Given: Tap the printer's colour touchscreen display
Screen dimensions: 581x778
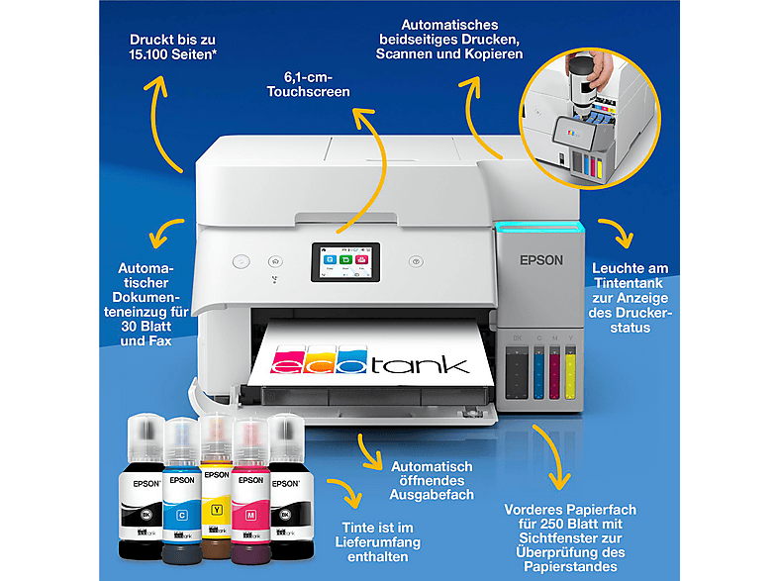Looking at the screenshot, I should [x=340, y=262].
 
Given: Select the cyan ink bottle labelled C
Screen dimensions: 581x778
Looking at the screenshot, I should [x=182, y=485].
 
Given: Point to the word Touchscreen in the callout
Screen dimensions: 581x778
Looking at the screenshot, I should [x=309, y=91].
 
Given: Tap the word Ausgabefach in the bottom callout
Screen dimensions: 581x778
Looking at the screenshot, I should [x=433, y=495].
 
